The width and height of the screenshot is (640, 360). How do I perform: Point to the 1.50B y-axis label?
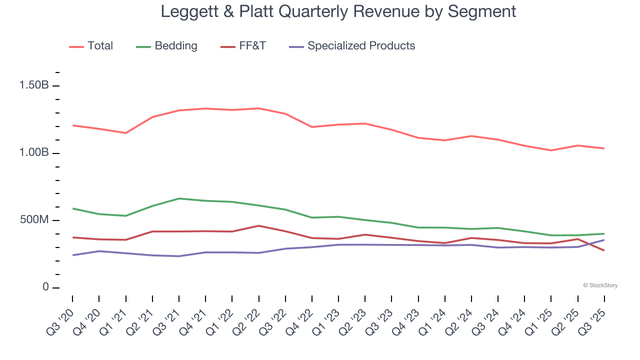point(34,85)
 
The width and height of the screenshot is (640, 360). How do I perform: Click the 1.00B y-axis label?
point(34,152)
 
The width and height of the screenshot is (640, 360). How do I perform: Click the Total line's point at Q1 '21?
point(125,133)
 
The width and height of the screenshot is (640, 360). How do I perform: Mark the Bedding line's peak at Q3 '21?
point(179,198)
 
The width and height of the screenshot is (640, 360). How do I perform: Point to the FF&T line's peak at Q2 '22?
point(258,225)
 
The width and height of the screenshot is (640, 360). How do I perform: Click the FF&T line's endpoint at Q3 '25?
point(604,250)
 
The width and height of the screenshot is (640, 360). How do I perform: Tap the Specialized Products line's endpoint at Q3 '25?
point(604,240)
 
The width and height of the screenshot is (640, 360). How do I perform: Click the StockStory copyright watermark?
point(600,285)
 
